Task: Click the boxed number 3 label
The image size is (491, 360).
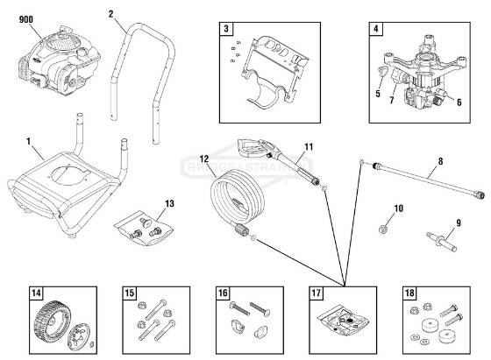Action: click(227, 30)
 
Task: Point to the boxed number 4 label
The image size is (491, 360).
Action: click(375, 30)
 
